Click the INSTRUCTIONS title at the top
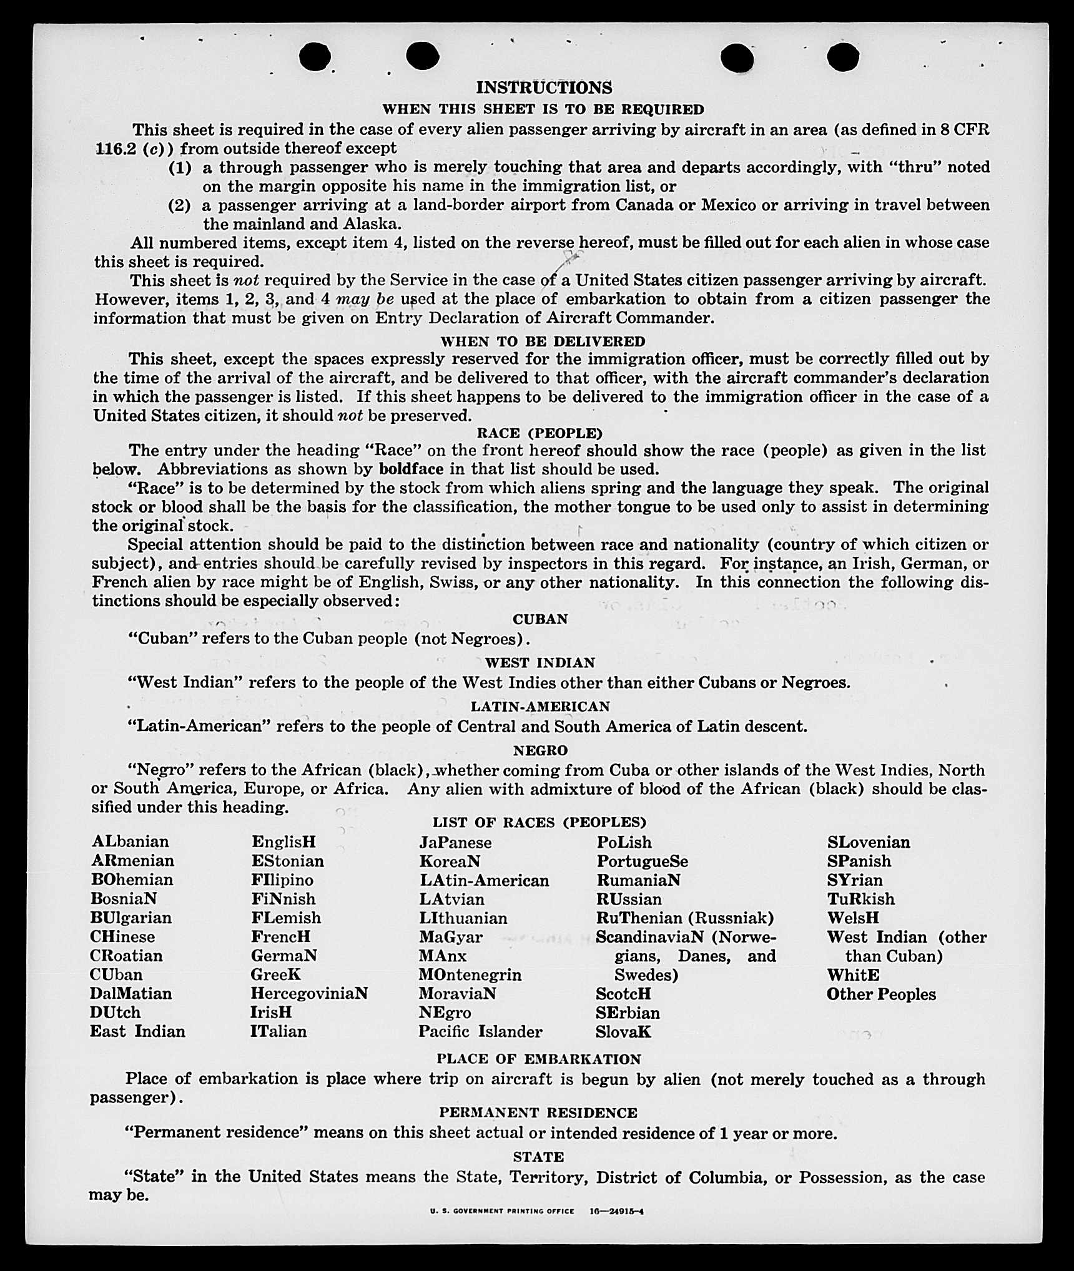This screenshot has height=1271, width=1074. (x=544, y=87)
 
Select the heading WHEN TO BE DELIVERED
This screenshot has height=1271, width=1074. (x=543, y=341)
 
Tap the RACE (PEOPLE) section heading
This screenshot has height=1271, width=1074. (x=539, y=433)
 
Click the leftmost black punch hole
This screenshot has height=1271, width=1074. (x=315, y=57)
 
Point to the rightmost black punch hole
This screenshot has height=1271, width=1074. (x=843, y=57)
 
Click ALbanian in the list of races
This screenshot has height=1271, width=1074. (x=130, y=842)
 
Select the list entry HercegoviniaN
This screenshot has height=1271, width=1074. (x=309, y=993)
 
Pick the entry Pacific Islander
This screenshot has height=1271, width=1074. (x=480, y=1031)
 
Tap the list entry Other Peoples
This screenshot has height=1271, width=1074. (x=881, y=994)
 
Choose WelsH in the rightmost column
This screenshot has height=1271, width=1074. (x=853, y=918)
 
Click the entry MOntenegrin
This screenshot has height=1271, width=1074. (x=470, y=974)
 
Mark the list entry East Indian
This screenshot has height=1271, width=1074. (x=137, y=1031)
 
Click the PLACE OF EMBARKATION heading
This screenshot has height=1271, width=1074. (x=538, y=1059)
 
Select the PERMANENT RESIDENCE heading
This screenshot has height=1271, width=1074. (x=538, y=1113)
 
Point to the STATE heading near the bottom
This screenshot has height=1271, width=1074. (x=538, y=1157)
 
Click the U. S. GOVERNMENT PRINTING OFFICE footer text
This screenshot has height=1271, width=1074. (x=502, y=1211)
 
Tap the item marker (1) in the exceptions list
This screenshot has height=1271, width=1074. (x=180, y=168)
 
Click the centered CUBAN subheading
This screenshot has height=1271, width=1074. (x=540, y=619)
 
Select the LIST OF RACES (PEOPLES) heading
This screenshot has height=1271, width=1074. (x=539, y=822)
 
